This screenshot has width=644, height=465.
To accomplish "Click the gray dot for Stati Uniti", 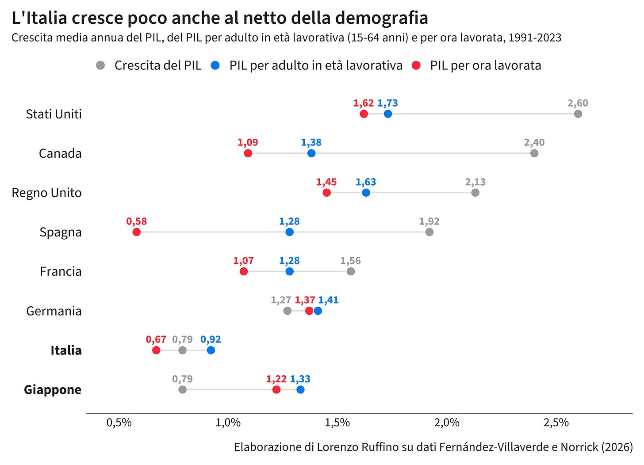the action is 578,114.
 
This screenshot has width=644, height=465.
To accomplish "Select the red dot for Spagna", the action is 137,232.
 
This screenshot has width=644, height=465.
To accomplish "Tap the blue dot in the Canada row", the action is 311,153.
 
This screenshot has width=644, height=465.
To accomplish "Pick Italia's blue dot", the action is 211,351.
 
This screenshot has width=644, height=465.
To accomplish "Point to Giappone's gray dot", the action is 182,390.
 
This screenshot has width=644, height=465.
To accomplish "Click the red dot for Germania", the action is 309,311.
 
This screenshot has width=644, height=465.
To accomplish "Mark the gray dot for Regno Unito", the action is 475,193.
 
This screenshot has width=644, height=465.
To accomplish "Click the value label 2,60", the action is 578,103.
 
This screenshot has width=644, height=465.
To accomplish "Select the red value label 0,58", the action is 137,221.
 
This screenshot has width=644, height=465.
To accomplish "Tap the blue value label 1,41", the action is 328,300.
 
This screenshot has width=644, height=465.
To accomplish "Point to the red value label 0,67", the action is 156,339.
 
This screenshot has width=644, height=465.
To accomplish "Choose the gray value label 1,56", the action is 350,261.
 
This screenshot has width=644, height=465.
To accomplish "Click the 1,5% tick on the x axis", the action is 337,423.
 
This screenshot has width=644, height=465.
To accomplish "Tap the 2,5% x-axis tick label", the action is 556,423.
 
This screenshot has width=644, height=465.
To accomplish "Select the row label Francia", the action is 61,271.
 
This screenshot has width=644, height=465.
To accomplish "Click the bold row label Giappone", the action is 53,390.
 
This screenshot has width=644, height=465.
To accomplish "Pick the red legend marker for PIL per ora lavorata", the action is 416,65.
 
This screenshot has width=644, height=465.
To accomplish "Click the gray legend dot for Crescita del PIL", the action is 100,65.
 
